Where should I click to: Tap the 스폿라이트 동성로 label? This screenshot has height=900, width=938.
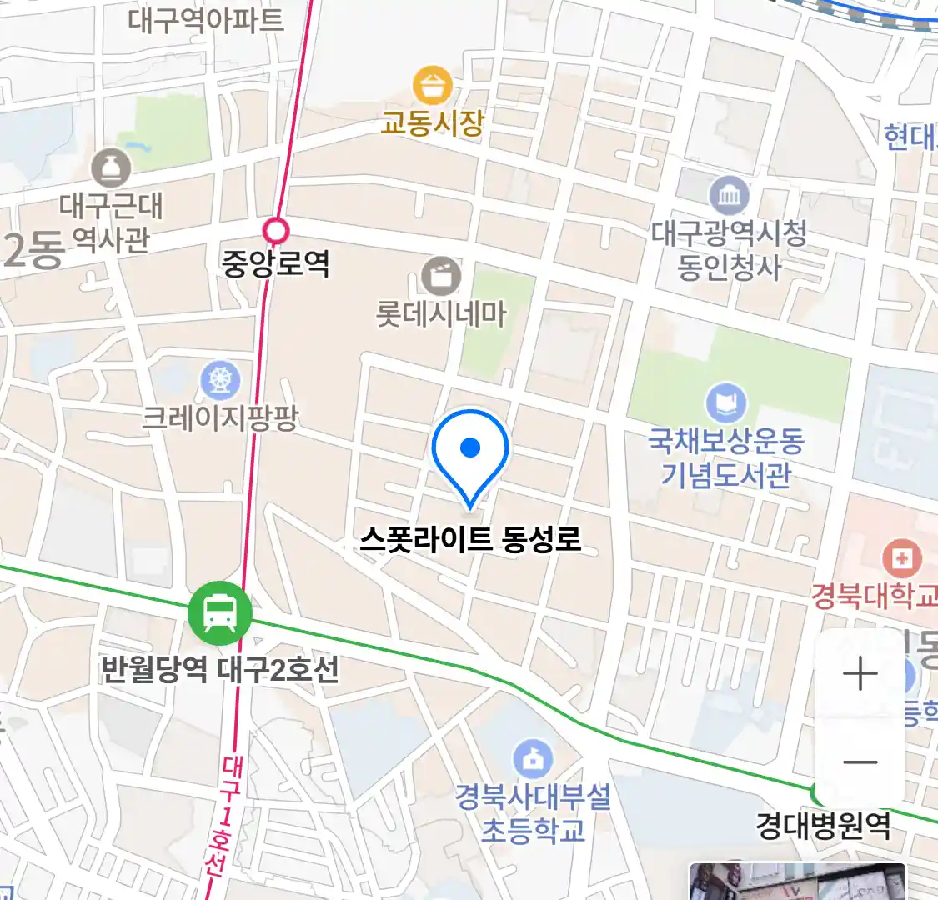tap(470, 539)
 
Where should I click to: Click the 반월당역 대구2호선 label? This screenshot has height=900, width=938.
tap(220, 669)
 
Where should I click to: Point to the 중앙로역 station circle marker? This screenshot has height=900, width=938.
tap(275, 230)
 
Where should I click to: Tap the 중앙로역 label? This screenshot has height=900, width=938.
tap(275, 263)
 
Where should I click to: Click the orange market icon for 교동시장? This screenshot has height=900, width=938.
tap(433, 86)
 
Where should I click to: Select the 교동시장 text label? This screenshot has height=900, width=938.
tap(433, 123)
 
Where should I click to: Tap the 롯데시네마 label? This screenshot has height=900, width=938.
tap(441, 314)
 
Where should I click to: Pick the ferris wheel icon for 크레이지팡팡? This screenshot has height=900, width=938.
tap(220, 381)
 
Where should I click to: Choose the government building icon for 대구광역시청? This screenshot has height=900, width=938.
tap(729, 196)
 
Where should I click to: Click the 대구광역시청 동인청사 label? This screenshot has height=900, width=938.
tap(729, 249)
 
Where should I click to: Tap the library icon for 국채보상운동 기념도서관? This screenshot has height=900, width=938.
tap(725, 403)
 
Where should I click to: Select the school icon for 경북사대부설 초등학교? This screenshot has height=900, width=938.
tap(533, 758)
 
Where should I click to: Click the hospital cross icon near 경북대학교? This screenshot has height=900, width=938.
tap(901, 557)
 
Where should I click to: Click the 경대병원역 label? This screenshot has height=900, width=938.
tap(823, 826)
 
